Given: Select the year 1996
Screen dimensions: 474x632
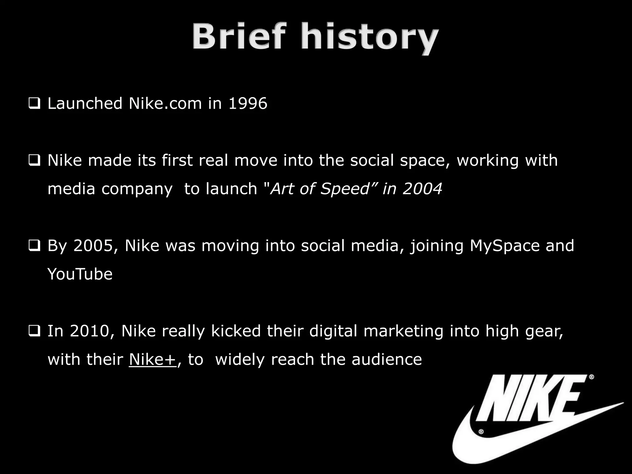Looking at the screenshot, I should (247, 103).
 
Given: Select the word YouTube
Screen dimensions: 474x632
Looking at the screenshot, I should (80, 274).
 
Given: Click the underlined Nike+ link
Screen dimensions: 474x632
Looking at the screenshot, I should (152, 360).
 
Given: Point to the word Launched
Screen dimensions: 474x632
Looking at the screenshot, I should (85, 103).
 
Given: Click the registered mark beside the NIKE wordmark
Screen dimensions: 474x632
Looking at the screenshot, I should (592, 377).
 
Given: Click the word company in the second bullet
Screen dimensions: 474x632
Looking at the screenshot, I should (137, 189).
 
